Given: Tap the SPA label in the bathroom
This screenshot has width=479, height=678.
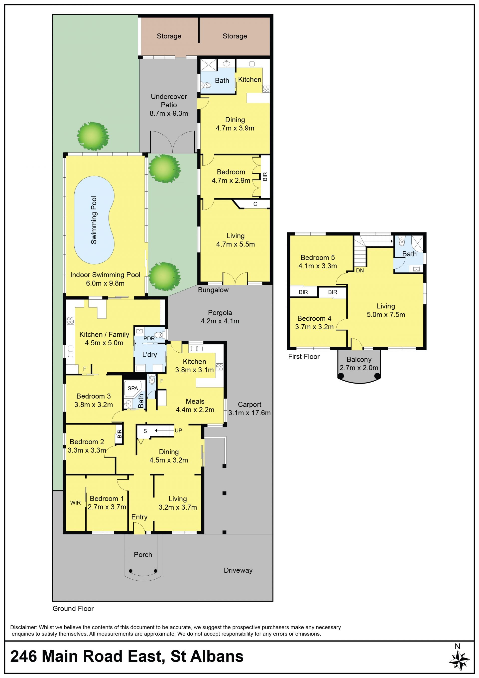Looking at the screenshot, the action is pos(133,388).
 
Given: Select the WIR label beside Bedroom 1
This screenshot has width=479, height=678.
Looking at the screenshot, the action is pos(76,503).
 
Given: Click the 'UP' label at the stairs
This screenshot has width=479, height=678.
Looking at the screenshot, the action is pos(178,431).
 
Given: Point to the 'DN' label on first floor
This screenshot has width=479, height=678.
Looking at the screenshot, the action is pos(360,270).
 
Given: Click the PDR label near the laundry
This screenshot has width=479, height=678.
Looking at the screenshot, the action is pos(149,338).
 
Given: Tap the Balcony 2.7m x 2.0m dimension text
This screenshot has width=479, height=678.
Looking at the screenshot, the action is pos(359,368).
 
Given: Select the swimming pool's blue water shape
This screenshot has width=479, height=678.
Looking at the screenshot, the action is pos(94,220).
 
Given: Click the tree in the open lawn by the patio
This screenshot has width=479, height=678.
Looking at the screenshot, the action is pos(93,136).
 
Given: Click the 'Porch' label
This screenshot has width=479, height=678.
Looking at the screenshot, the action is pos(143,555).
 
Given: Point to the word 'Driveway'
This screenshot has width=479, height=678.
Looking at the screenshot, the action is pos(238,570).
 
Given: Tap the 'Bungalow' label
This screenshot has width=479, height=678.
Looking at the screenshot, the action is pos(213,290).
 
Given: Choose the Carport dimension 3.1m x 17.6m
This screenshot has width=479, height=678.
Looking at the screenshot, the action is pos(249,413).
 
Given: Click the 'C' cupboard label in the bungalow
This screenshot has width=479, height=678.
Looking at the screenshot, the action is pos(255,204).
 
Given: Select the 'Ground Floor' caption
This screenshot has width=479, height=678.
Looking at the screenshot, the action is pos(73,608).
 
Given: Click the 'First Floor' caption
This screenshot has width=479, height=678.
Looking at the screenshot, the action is pos(304,356).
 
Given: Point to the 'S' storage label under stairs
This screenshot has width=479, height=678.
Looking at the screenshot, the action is pos(145,431).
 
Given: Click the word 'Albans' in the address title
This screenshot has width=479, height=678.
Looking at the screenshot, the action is pos(217,656).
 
